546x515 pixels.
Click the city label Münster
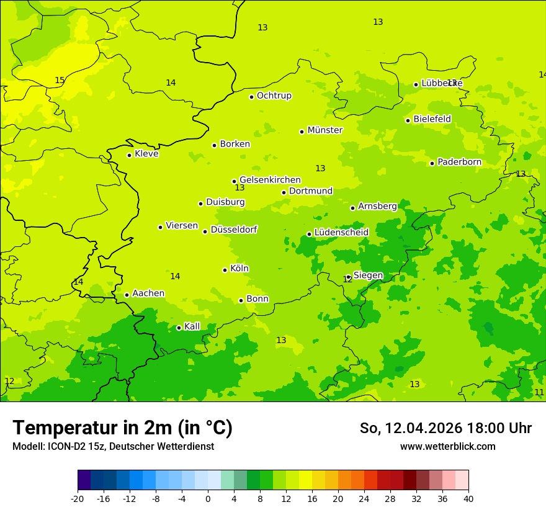[324, 130]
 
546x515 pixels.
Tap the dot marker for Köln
[225, 270]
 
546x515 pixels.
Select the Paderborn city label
[459, 162]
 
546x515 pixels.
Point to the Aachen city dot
[127, 295]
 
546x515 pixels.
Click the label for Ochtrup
[274, 96]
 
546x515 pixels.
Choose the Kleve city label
[146, 154]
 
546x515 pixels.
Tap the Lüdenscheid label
[341, 233]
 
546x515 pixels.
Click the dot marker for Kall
[179, 328]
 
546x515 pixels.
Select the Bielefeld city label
[432, 119]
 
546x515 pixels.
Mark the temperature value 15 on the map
[60, 81]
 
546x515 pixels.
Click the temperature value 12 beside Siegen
[347, 280]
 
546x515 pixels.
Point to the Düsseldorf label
[234, 230]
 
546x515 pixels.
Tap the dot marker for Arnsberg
[352, 208]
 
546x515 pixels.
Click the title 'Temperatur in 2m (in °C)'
[122, 428]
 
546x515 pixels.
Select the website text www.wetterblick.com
[447, 447]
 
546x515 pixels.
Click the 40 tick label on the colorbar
[468, 499]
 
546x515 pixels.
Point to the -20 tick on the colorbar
[78, 499]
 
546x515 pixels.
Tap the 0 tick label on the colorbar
[208, 499]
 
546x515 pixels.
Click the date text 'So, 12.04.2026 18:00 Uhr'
[445, 428]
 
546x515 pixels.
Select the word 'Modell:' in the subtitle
[27, 447]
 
